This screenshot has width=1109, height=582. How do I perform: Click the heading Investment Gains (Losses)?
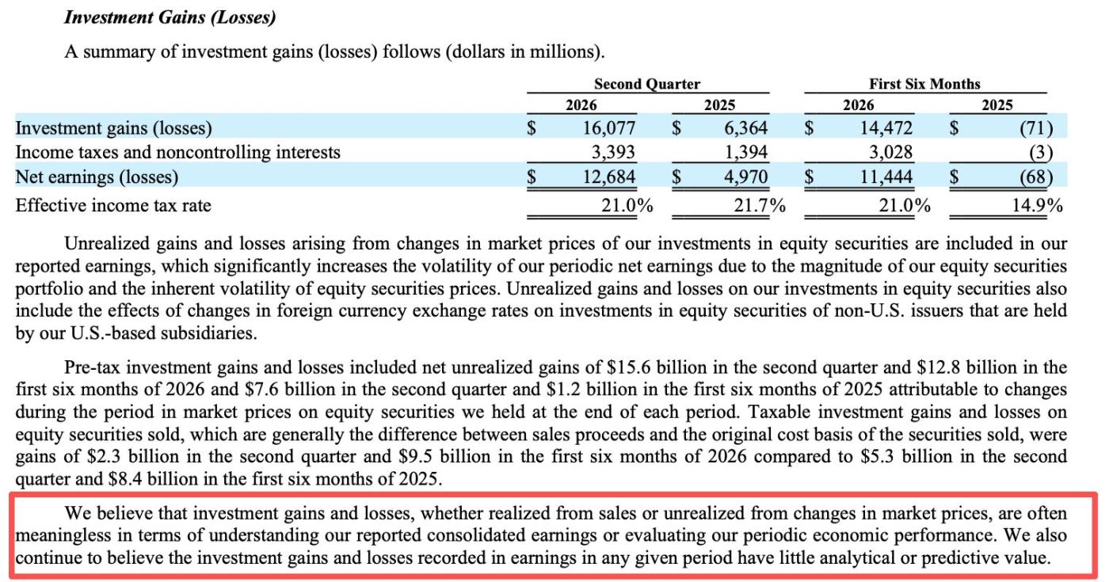170,17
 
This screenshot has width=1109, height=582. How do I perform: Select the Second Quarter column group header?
647,84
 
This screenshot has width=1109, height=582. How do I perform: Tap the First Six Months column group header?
924,84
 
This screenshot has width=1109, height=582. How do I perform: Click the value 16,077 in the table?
608,128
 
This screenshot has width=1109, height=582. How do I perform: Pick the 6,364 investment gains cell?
745,128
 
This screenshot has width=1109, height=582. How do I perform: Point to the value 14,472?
886,128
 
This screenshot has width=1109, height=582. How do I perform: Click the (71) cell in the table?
1036,128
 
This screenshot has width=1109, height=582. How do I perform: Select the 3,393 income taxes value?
613,152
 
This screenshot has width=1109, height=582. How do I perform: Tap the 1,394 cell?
746,152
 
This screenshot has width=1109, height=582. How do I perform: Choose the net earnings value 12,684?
608,177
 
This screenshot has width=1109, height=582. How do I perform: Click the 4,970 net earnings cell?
745,177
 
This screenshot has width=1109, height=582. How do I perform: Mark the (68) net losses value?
1036,177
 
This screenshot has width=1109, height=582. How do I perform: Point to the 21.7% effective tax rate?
760,205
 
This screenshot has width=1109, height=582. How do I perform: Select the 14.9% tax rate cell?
1037,205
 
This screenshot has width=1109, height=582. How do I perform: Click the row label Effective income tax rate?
113,205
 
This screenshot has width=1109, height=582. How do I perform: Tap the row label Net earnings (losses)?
97,177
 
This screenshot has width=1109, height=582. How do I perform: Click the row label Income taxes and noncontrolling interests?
177,152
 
